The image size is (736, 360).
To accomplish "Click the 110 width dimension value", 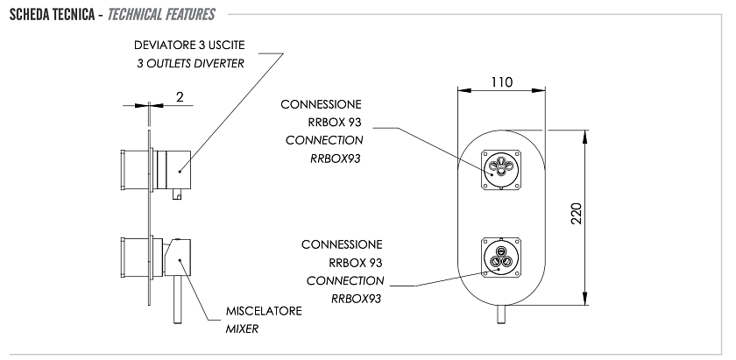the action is [502, 82].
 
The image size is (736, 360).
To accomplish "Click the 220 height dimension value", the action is [576, 213].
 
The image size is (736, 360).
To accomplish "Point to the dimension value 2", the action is [180, 96].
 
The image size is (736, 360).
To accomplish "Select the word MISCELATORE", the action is [264, 311].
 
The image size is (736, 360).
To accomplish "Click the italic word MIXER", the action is [242, 329].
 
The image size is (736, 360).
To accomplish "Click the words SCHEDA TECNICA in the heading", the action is [52, 15].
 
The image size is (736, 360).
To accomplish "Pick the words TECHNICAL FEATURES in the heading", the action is [161, 15].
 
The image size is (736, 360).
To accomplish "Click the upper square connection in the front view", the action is [501, 169].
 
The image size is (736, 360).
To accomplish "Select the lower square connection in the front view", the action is [501, 258].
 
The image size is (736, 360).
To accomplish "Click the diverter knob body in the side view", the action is [173, 169].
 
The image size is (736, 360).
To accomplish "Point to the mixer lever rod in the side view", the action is [178, 300].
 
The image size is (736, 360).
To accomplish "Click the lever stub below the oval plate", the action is [501, 314].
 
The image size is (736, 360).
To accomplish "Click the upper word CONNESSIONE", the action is [321, 104].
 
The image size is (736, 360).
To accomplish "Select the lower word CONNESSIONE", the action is [342, 244].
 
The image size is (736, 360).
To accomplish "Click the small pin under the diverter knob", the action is [177, 194].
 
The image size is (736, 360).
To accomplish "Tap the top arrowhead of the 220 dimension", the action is [585, 137].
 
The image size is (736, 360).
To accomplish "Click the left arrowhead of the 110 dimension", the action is [464, 90].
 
